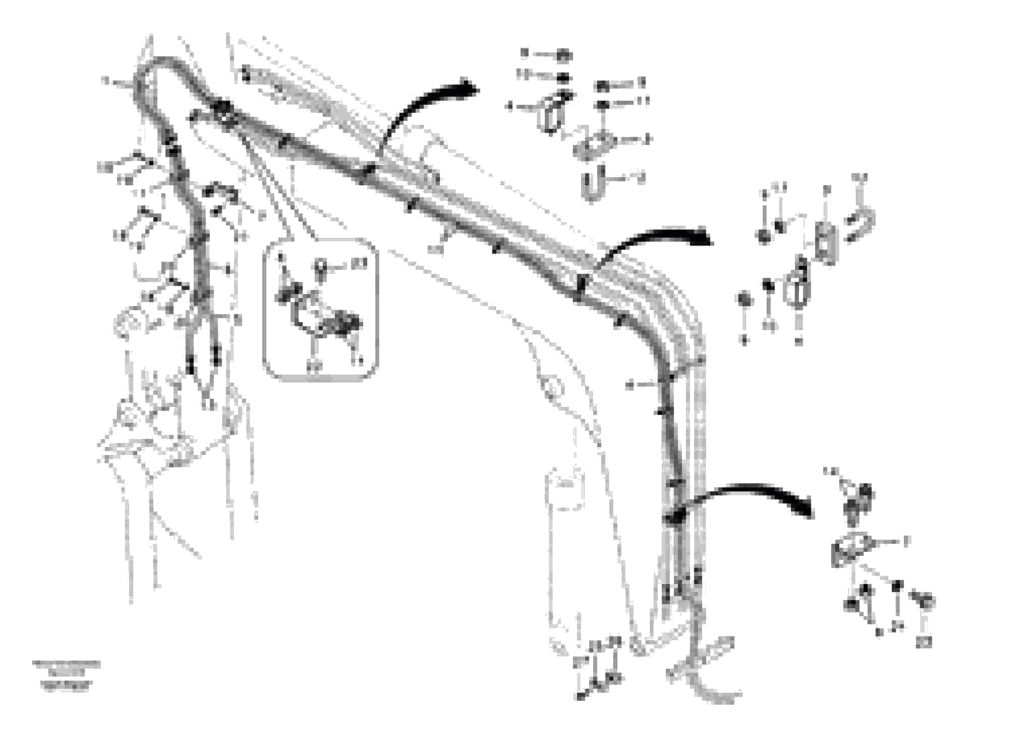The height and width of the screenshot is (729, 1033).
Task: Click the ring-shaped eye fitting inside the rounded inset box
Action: [x=320, y=269]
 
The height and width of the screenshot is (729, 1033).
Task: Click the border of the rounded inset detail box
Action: [x=264, y=310]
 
